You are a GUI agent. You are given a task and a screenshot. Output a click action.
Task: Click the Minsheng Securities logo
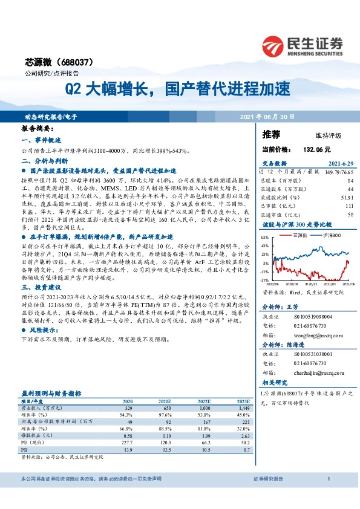(302, 44)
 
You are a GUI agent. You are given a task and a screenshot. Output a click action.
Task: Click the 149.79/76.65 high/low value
(340, 172)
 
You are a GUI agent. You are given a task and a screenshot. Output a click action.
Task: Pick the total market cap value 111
(349, 206)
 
